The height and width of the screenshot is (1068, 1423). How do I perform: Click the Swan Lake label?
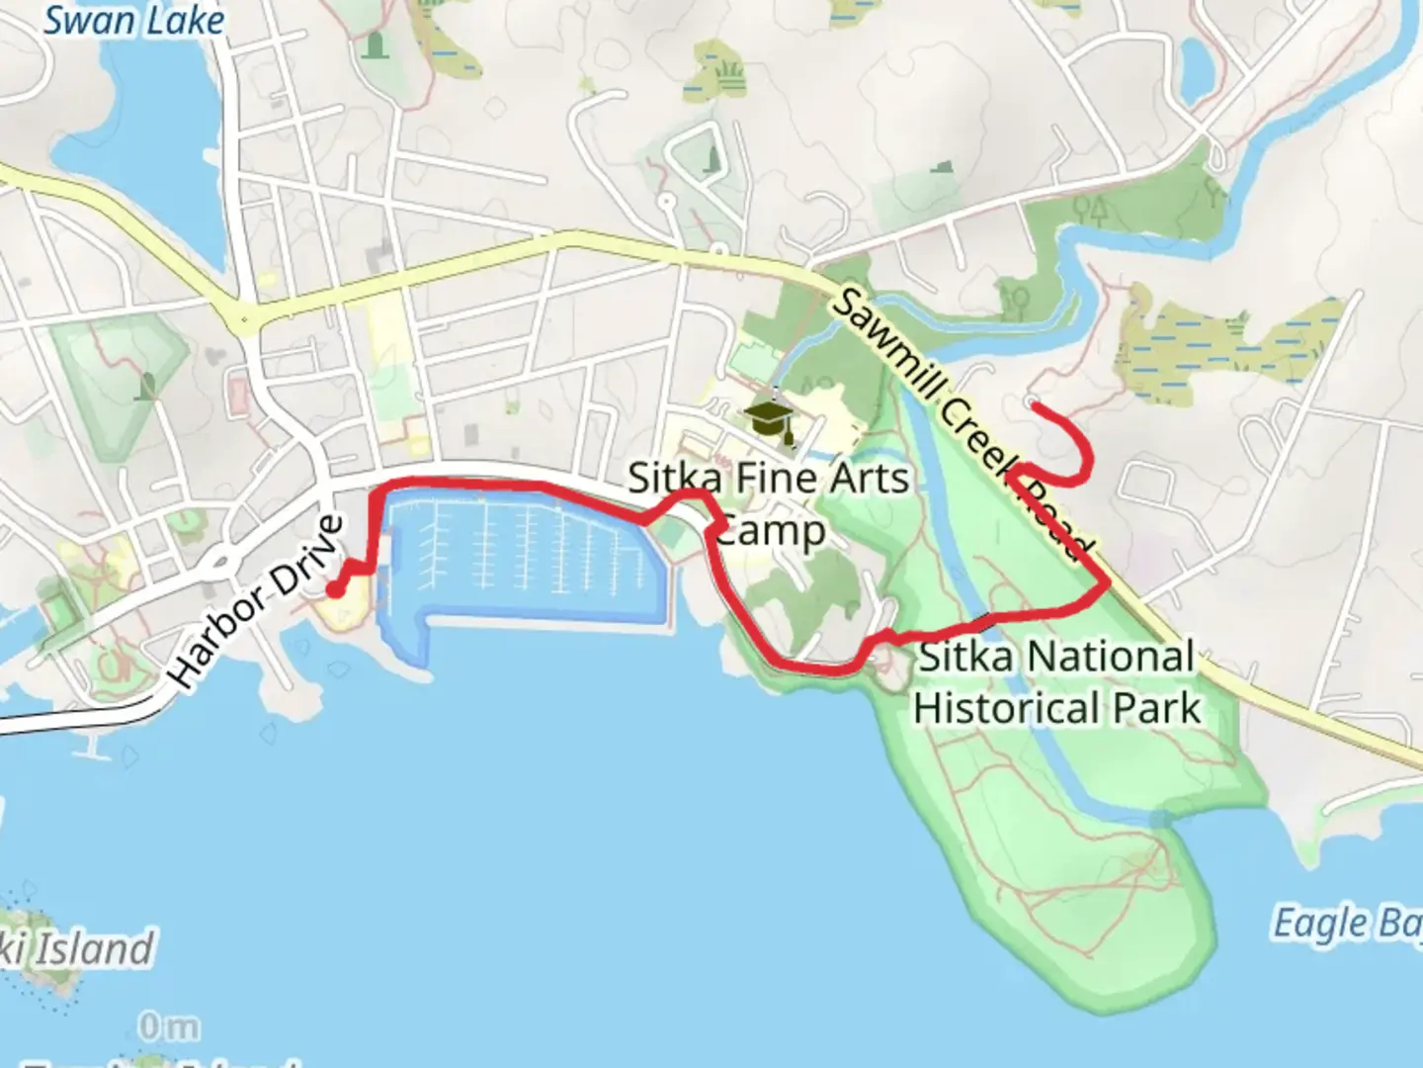134,20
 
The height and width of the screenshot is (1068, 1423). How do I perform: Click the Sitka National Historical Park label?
1056,682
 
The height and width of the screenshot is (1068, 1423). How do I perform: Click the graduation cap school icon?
770,419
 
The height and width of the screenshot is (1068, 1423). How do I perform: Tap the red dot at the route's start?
336,590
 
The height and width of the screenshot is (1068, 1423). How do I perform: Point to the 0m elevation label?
169,1027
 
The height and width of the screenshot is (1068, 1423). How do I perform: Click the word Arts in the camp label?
868,479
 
